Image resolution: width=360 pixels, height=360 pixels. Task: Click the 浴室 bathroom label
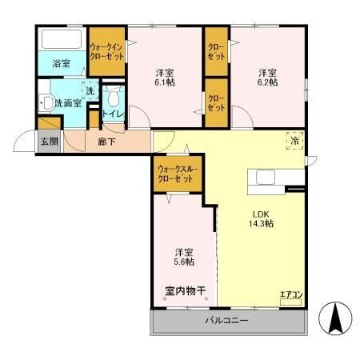coord(62,63)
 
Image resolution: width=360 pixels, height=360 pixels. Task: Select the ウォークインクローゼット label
coord(106,51)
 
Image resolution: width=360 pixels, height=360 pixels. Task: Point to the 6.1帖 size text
coord(164,82)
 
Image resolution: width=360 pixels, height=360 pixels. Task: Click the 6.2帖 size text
coord(267,82)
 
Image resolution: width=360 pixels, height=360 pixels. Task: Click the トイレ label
coord(112,115)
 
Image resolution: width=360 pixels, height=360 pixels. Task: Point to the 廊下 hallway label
coord(106,142)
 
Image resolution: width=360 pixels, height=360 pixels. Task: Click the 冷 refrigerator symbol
coord(294,142)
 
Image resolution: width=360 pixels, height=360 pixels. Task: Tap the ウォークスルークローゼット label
coord(177,174)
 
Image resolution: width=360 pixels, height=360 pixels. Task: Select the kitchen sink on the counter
coord(265,177)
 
